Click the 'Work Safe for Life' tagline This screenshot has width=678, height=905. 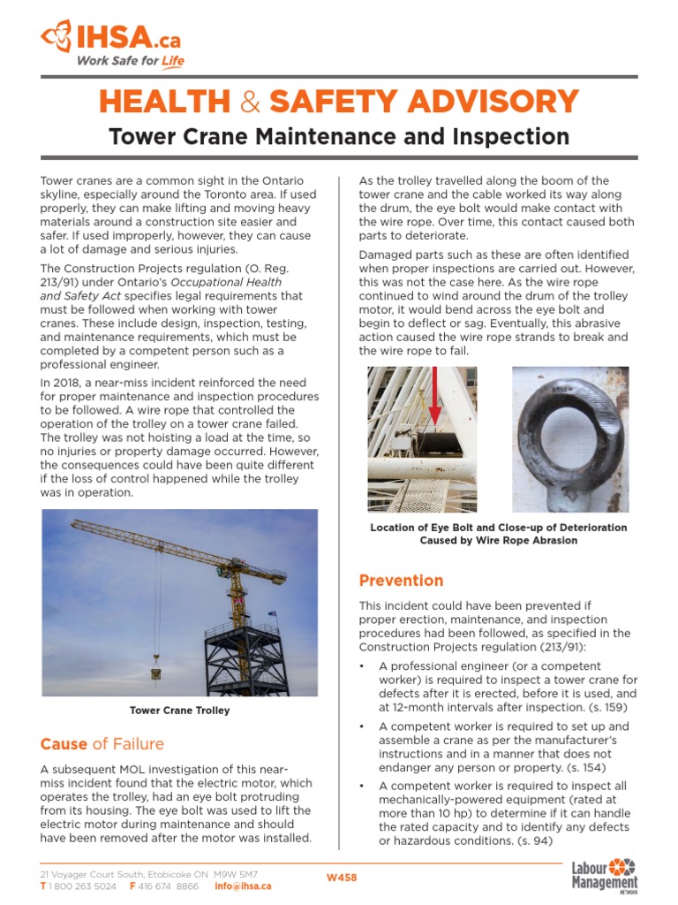130,61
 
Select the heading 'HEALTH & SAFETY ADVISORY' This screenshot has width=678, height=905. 339,102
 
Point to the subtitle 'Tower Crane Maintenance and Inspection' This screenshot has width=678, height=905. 339,136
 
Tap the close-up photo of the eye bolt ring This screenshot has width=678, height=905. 570,439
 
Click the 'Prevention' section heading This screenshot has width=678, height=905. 401,581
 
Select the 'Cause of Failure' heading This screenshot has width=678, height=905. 102,743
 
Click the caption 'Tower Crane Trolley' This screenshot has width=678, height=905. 179,711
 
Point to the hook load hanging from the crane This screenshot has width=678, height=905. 156,672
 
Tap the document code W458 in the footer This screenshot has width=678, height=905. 342,878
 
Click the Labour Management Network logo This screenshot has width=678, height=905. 605,878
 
